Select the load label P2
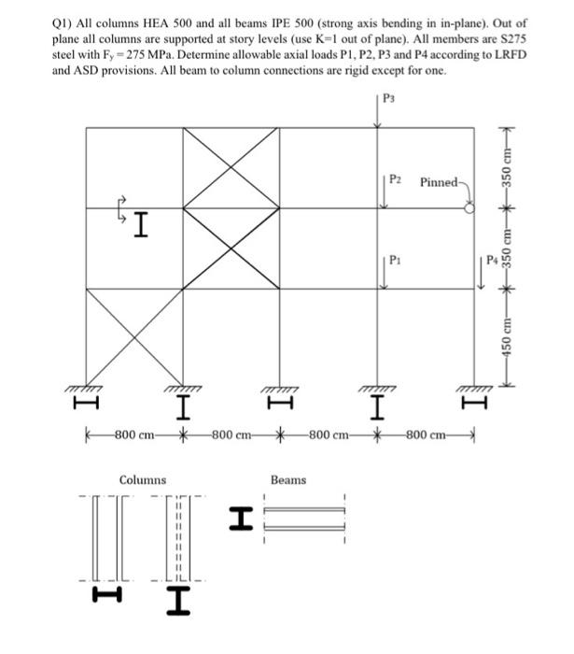coord(397,178)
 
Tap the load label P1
coord(396,259)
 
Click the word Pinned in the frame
coord(438,181)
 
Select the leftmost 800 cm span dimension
coord(133,434)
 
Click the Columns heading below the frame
coord(143,480)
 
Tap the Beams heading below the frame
coord(288,480)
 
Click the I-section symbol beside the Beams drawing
coord(241,517)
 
